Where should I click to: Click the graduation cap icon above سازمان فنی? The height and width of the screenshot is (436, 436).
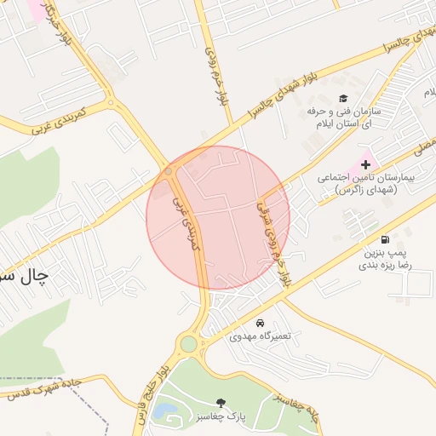coord(343,99)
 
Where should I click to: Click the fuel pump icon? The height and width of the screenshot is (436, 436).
coord(387,239)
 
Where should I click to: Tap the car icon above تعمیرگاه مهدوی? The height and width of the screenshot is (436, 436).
coord(260,324)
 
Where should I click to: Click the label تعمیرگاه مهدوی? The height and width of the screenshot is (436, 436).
coord(261,336)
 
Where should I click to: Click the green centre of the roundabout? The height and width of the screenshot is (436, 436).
coord(188,344)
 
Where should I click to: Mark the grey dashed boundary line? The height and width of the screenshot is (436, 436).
coord(34,378)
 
